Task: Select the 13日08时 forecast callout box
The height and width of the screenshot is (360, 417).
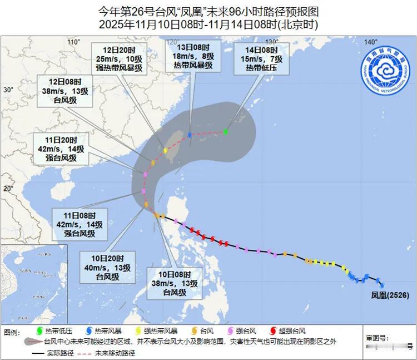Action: (190, 56)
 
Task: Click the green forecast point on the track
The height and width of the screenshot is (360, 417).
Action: (226, 132)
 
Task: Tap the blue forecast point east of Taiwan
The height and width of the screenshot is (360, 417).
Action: (190, 135)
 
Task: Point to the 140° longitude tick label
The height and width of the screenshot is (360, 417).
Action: (370, 42)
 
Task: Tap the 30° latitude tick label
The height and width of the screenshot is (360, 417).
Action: (8, 90)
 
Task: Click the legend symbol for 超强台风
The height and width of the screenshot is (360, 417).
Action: (272, 331)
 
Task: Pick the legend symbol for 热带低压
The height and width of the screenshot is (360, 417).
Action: (38, 331)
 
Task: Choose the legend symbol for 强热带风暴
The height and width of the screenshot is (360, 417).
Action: (138, 331)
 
